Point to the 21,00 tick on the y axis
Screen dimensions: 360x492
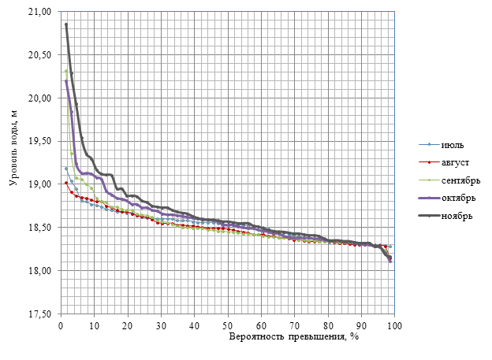point(39,13)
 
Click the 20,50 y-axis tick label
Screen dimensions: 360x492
point(39,55)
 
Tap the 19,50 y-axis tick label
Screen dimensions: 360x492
point(39,141)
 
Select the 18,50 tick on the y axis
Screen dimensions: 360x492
point(39,228)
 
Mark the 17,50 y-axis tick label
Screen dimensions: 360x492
point(39,314)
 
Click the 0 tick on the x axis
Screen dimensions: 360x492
point(61,325)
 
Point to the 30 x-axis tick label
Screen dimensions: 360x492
point(161,325)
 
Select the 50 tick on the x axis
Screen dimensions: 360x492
point(228,325)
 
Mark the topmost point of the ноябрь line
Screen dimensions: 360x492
point(66,24)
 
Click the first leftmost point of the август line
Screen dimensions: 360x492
point(66,183)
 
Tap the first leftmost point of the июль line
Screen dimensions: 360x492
point(66,169)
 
